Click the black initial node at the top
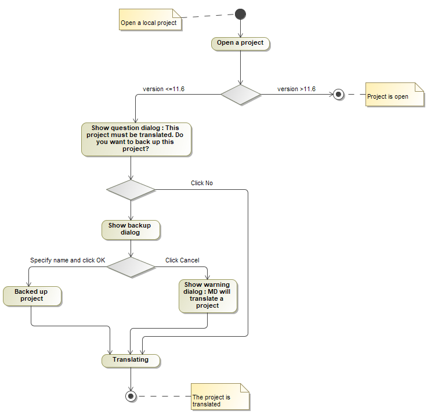tap(241, 14)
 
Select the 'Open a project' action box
tap(240, 43)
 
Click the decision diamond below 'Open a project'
tap(241, 94)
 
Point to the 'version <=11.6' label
tap(164, 89)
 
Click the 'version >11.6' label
tap(296, 89)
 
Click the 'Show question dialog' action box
tap(136, 139)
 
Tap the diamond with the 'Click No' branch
tap(131, 190)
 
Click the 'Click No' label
tap(202, 183)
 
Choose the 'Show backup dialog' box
tap(131, 229)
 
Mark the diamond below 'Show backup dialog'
tap(131, 266)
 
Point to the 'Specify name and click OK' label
tap(68, 260)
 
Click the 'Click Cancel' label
tap(182, 260)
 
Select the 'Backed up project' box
tap(32, 296)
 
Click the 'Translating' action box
tap(131, 360)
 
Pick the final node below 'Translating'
tap(131, 396)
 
